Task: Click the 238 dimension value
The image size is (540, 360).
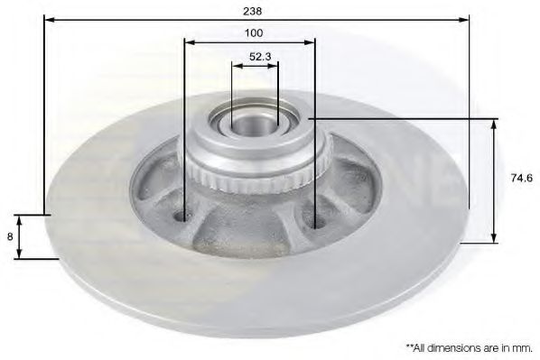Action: [253, 11]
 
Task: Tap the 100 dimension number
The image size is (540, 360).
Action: [254, 33]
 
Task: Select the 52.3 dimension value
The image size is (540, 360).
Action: [260, 57]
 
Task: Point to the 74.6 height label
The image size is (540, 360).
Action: [521, 178]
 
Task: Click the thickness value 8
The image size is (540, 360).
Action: [10, 236]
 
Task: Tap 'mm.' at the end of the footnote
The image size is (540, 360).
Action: [524, 348]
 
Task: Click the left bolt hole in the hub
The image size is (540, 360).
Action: [182, 217]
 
